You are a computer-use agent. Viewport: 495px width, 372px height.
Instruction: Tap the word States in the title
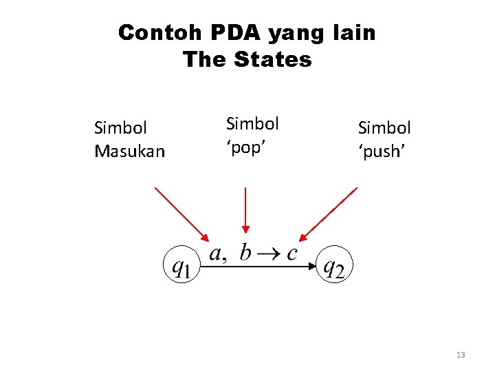273,59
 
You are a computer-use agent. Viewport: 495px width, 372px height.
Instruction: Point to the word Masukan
129,151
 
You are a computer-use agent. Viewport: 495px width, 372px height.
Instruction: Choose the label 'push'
382,151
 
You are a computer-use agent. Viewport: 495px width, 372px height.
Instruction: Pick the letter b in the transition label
245,252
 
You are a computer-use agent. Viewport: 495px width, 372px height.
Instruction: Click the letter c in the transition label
291,254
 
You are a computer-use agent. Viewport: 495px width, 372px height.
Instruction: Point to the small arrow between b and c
269,254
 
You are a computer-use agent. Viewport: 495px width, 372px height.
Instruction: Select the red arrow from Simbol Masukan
180,213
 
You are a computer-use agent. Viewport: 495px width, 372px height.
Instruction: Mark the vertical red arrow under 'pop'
245,210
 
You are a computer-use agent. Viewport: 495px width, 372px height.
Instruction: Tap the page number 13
461,355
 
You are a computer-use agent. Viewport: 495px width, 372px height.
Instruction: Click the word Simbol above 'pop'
252,124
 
